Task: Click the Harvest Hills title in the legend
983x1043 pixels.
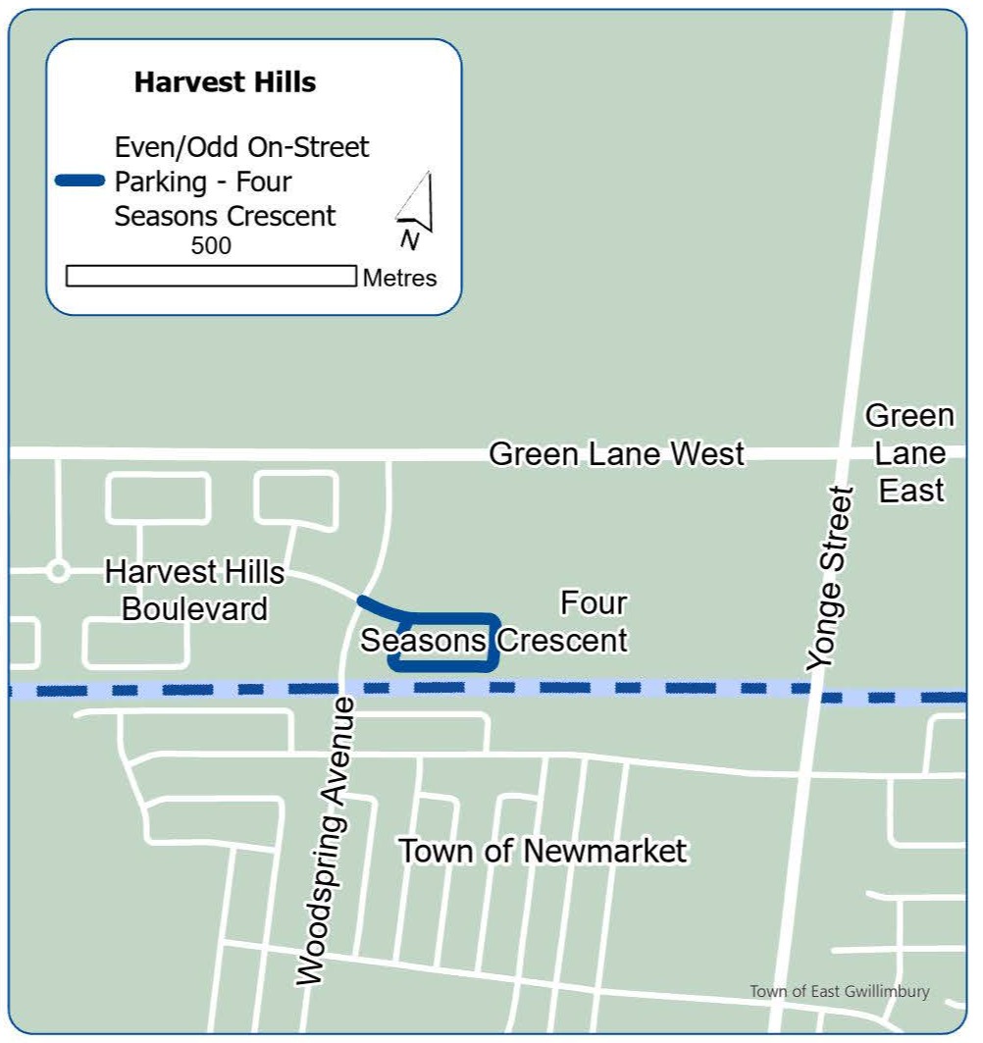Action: pos(225,82)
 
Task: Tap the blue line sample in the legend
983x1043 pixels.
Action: pos(80,181)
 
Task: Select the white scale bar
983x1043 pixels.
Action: pos(211,276)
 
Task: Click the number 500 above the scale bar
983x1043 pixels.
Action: pos(211,245)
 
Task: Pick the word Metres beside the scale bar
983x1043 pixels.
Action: pos(399,278)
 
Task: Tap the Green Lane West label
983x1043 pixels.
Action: pos(616,454)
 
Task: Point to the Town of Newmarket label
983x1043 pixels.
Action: pos(543,851)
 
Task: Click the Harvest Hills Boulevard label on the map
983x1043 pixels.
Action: pos(194,590)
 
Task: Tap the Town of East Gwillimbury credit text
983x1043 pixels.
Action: pos(840,991)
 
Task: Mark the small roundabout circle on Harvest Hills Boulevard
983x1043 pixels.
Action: pos(58,569)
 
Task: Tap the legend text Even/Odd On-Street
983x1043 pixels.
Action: pos(241,147)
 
